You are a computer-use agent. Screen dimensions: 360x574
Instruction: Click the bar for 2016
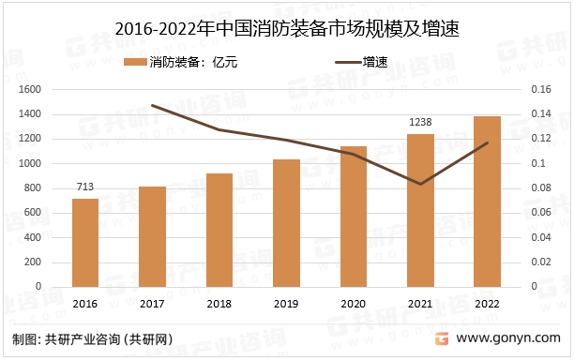coord(85,243)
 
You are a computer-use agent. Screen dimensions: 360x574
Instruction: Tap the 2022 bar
coord(487,202)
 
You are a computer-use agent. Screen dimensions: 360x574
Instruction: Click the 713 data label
coord(85,187)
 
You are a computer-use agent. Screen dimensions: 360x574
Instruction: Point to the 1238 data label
coord(419,122)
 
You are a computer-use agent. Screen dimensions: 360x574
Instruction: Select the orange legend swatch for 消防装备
coord(135,63)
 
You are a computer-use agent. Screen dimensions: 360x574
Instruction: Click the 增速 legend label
coord(375,63)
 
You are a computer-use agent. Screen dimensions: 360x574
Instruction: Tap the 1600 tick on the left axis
coord(32,90)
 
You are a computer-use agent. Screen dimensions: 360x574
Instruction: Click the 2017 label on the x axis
coord(152,304)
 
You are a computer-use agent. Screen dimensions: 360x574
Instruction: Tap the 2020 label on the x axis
coord(353,304)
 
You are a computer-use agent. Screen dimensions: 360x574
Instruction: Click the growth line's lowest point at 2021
coord(419,184)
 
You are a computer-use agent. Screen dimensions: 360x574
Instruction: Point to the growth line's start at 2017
coord(152,105)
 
